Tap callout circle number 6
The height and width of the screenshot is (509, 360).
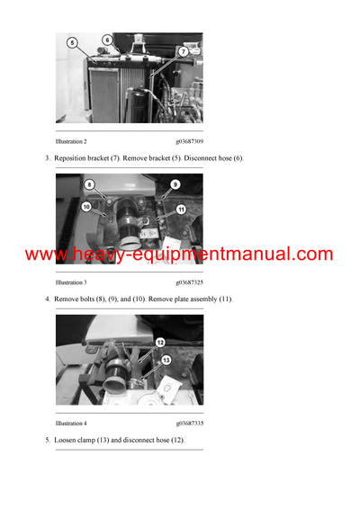coord(107,40)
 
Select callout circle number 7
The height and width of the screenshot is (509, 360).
coord(183,52)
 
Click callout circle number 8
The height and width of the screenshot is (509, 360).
coord(89,184)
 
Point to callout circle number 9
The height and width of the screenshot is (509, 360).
coord(175,184)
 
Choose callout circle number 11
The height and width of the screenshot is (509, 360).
coord(180,210)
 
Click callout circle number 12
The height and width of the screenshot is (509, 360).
coord(159,343)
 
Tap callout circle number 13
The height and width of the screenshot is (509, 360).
coord(166,360)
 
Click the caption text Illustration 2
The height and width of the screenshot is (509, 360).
coord(71,141)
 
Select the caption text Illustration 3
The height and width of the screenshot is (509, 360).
coord(71,281)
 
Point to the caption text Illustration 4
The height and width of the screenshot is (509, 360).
coord(71,423)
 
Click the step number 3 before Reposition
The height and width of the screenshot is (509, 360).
coord(47,158)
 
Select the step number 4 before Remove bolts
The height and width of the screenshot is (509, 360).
coord(47,299)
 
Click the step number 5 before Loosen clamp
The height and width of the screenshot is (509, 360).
coord(47,440)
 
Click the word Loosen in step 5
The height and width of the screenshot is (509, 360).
coord(67,440)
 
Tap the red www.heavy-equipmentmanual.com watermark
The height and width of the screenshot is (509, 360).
coord(179,254)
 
